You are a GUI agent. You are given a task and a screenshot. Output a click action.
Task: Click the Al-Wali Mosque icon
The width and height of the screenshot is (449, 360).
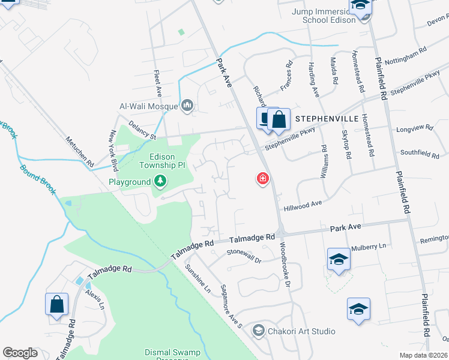[x=187, y=106]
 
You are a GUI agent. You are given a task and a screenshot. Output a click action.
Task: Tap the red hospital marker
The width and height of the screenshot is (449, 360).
[x=262, y=178]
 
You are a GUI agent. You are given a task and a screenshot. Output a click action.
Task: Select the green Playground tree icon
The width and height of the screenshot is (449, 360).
[x=160, y=181]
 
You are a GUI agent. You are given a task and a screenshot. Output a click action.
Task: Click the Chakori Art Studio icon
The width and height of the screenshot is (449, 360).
[x=258, y=331]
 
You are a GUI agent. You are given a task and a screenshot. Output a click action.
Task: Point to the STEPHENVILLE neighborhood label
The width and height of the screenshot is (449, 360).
[x=326, y=119]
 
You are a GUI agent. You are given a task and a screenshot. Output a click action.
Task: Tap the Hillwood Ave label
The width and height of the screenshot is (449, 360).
[x=303, y=203]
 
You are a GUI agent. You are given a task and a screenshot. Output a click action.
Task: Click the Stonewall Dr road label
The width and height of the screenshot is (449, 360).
[x=244, y=256]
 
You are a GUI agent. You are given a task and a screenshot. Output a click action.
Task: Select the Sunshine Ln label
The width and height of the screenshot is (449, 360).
[x=198, y=278]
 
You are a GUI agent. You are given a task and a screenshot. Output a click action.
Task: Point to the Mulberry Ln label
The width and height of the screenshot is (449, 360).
[x=370, y=246]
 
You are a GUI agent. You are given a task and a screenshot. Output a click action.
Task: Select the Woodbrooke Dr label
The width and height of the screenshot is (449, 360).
[x=285, y=268]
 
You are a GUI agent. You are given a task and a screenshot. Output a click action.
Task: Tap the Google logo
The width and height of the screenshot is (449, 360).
[x=20, y=353]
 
